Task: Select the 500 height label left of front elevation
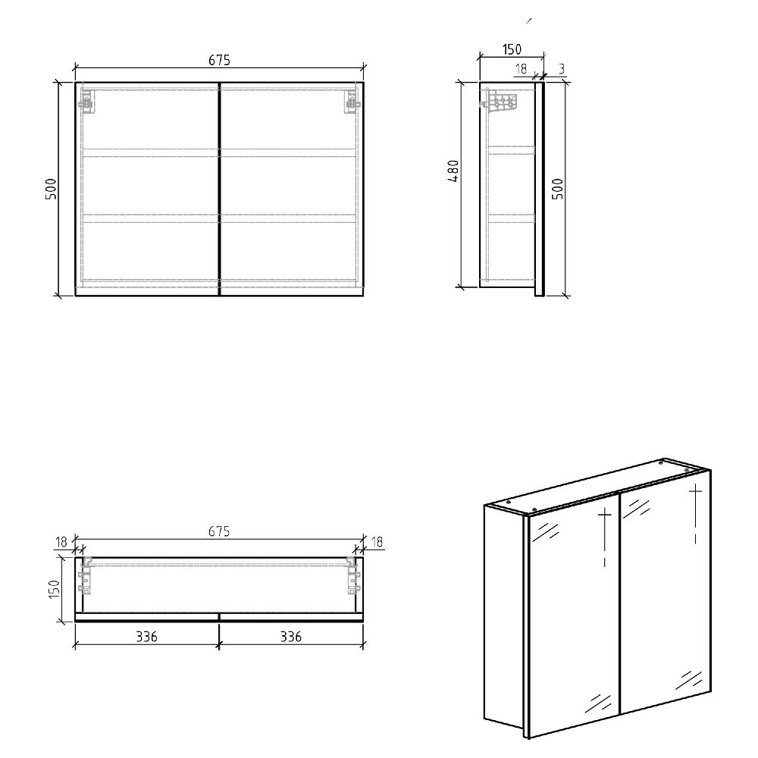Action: (52, 188)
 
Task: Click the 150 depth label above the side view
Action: (512, 49)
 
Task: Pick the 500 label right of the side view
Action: (557, 188)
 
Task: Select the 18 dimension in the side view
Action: (521, 68)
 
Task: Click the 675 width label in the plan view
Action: (218, 532)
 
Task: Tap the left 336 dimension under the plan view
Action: (146, 637)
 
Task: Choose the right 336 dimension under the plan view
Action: (290, 637)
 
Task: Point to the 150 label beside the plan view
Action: (53, 588)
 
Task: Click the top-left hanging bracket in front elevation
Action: (88, 102)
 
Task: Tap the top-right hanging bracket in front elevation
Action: (351, 102)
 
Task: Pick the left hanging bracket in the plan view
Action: (84, 576)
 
